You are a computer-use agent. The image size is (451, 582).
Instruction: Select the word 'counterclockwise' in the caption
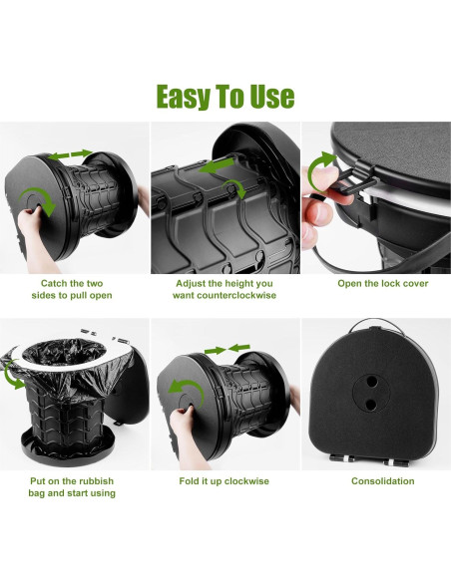225,295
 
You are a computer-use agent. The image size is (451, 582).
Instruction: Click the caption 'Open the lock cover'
375,282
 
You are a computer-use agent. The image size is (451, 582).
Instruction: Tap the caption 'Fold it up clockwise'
225,480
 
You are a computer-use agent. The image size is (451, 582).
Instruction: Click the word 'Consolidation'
375,480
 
